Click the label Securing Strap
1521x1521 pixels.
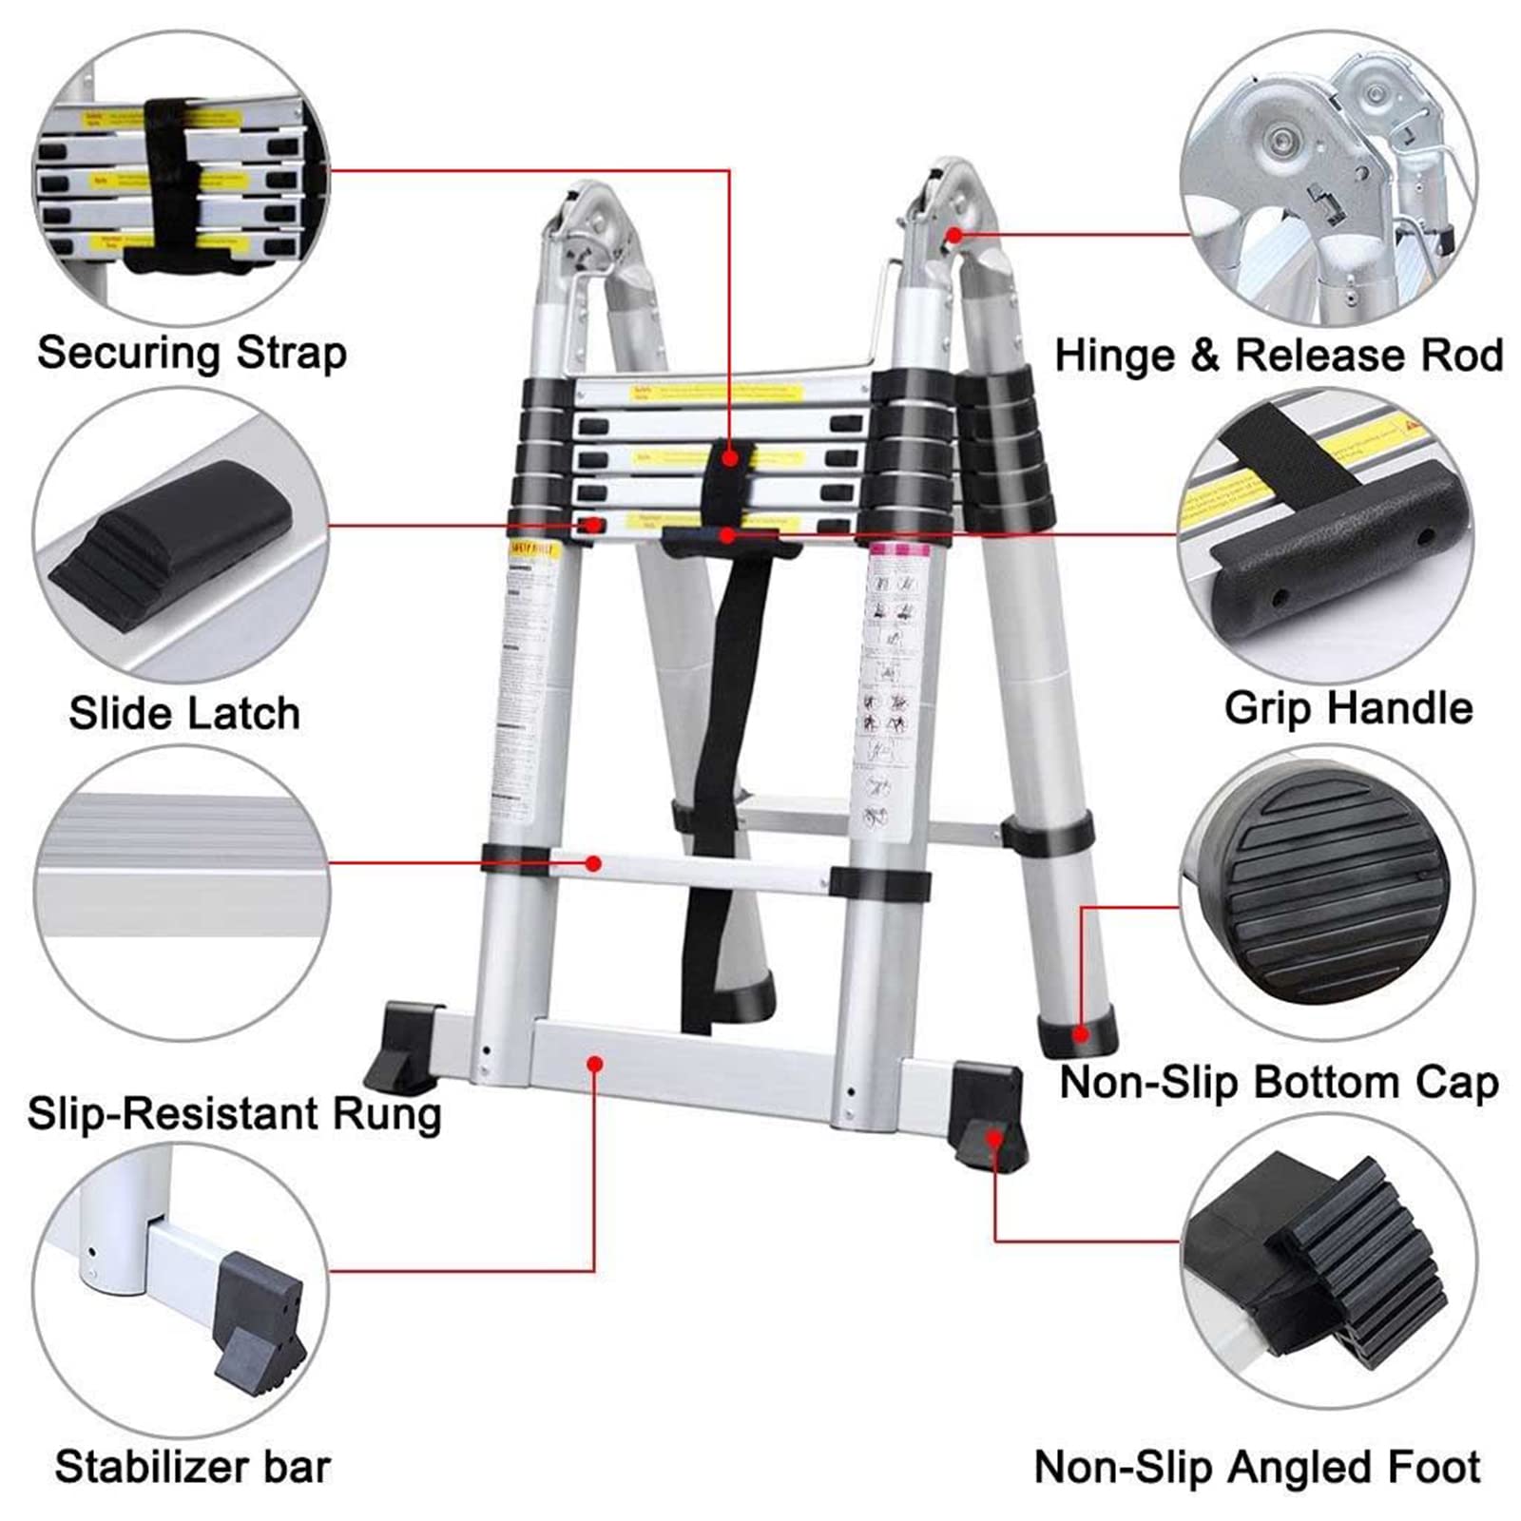pos(192,353)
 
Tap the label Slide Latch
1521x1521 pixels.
pos(184,713)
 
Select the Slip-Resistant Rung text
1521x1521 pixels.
pos(234,1113)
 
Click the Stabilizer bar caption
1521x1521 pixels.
pos(192,1466)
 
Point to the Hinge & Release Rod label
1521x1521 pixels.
pos(1279,356)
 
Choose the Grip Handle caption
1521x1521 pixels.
pos(1348,708)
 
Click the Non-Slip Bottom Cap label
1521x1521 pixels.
pos(1279,1082)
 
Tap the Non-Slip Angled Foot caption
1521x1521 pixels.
pos(1257,1466)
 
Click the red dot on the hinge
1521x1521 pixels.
pos(953,234)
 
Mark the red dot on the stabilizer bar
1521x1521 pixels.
pos(595,1064)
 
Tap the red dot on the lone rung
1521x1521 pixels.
pos(593,863)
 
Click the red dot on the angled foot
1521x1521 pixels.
pos(993,1138)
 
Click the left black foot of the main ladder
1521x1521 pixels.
pos(404,1046)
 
